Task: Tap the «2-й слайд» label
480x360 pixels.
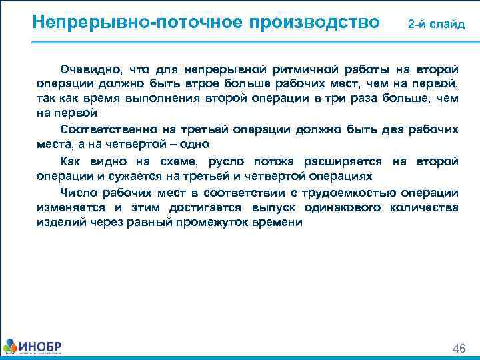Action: [x=437, y=24]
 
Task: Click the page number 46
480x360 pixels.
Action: [x=459, y=349]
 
